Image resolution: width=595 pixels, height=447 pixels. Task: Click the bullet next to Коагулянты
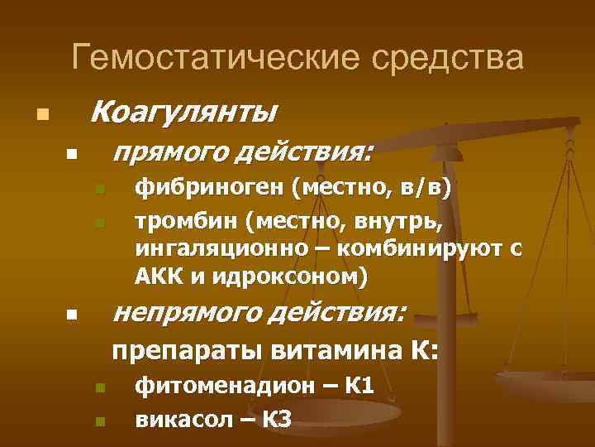pos(41,113)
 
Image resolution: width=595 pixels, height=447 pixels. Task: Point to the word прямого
pos(164,151)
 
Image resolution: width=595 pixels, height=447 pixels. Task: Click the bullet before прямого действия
pos(72,155)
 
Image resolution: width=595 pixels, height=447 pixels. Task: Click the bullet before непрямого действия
pos(72,315)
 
